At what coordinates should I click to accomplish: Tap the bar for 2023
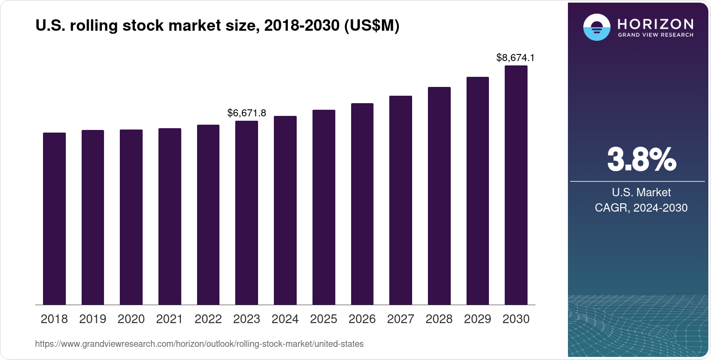click(x=247, y=213)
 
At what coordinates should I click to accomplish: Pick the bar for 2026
click(x=362, y=204)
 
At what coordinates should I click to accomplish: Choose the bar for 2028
click(x=439, y=196)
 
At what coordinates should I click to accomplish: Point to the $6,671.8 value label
click(x=247, y=113)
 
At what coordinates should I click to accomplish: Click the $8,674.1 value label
click(x=515, y=58)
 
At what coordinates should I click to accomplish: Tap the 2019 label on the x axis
click(x=93, y=319)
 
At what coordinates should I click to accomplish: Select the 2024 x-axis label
click(x=285, y=319)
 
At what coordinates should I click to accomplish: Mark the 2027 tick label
click(x=401, y=319)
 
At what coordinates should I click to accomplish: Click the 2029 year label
click(x=478, y=319)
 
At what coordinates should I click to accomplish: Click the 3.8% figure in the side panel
click(x=642, y=160)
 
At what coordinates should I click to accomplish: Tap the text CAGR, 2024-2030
click(x=641, y=208)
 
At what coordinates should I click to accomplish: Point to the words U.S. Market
click(x=641, y=192)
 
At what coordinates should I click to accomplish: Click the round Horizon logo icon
click(x=596, y=27)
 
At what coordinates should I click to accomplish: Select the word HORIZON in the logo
click(x=656, y=24)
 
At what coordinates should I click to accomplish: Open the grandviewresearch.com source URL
click(x=199, y=344)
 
